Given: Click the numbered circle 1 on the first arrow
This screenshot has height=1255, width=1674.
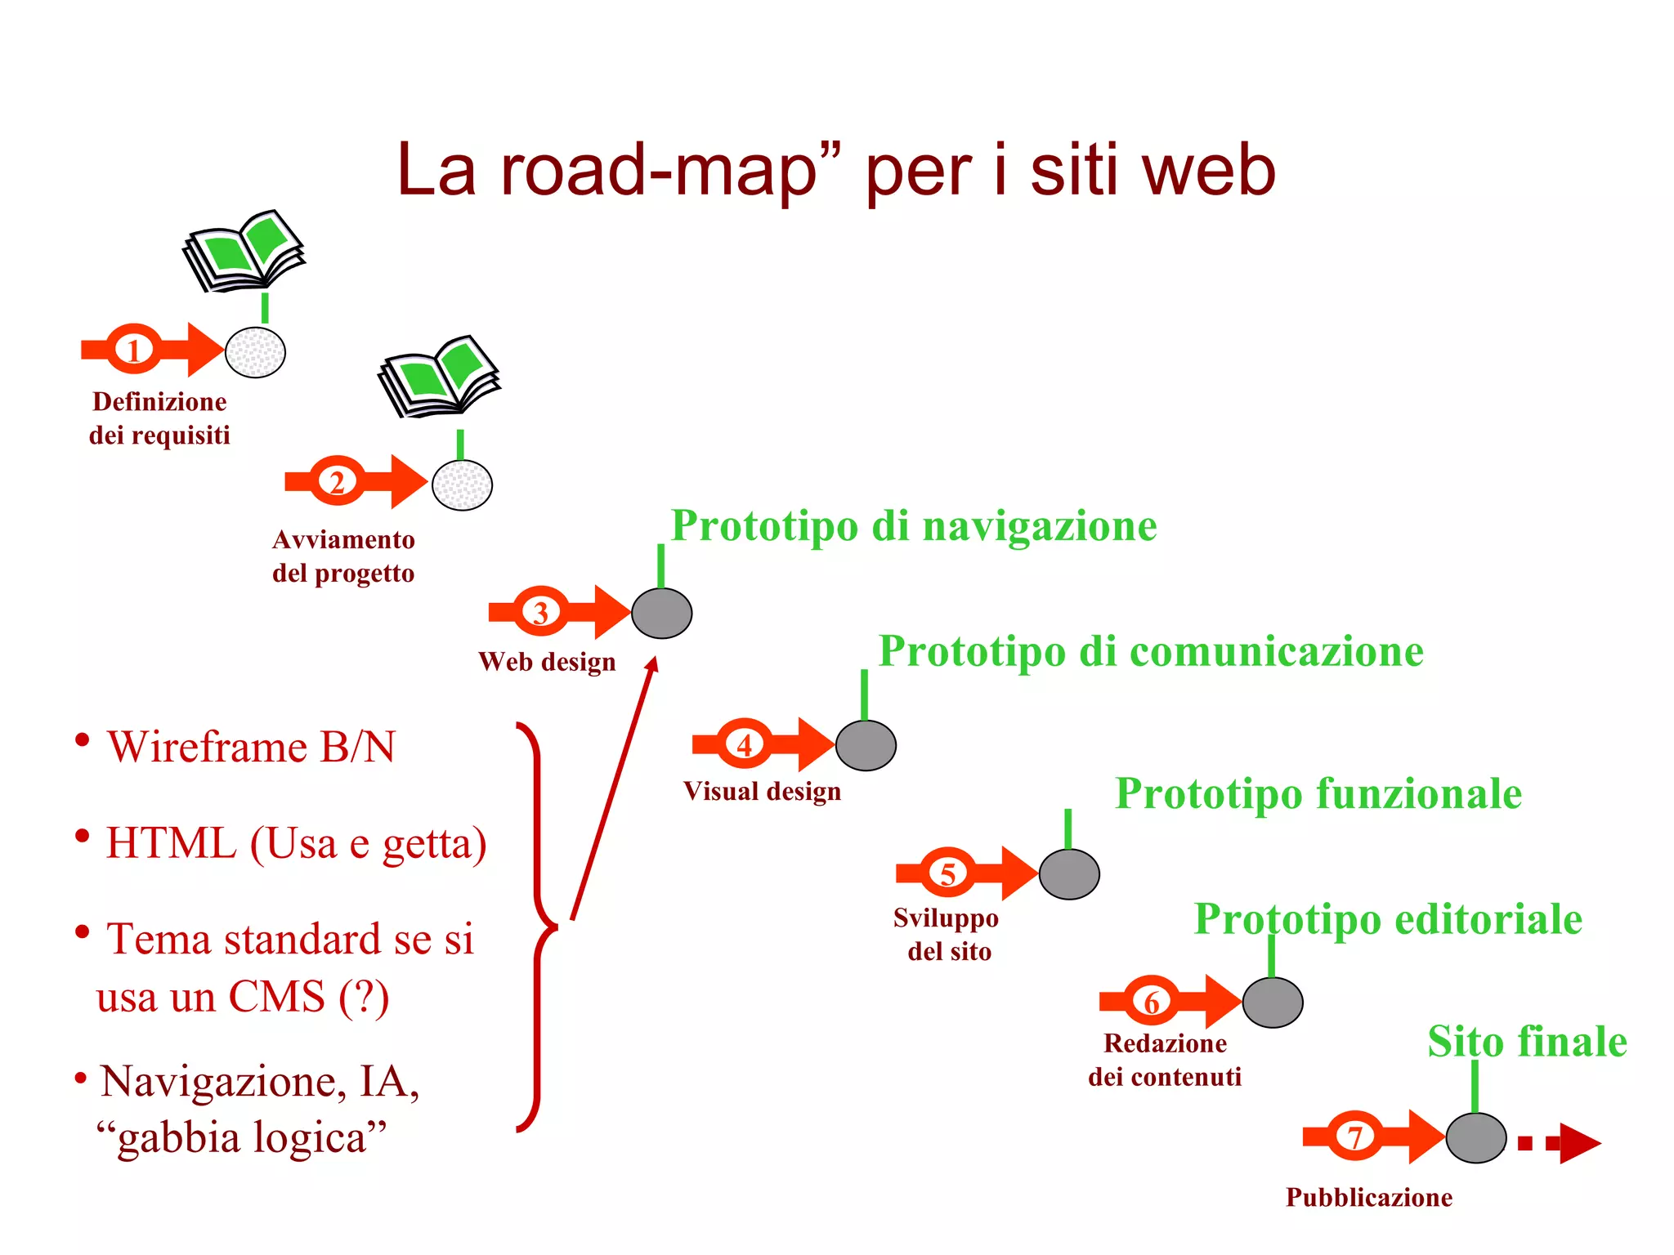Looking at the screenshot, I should click(134, 350).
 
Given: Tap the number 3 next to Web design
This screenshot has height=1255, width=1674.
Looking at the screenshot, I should click(540, 612).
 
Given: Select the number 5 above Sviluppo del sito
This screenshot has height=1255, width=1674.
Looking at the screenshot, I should click(947, 873).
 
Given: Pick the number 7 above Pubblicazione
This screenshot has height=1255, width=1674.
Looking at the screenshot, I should click(1354, 1137).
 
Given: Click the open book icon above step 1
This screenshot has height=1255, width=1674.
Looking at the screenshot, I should click(244, 250).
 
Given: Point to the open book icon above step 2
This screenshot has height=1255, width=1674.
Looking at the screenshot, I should click(439, 376).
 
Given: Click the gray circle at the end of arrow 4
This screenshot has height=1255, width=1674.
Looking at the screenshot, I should click(866, 745).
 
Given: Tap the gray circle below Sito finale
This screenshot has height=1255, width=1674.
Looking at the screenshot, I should click(1475, 1137).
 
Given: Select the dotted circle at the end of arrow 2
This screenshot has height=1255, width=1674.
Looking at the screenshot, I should click(462, 485).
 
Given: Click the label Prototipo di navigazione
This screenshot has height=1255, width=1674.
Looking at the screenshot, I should click(914, 525).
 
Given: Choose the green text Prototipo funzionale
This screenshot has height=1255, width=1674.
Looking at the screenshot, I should click(1318, 793).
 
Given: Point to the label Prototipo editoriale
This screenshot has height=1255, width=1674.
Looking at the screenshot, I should click(1388, 919).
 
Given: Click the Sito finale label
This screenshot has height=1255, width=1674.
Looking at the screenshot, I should click(1527, 1042).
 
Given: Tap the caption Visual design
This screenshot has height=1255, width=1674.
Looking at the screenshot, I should click(762, 791).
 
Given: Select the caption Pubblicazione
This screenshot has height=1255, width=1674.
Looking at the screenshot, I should click(1369, 1197).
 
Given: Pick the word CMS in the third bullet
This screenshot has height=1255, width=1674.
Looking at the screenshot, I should click(276, 997).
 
